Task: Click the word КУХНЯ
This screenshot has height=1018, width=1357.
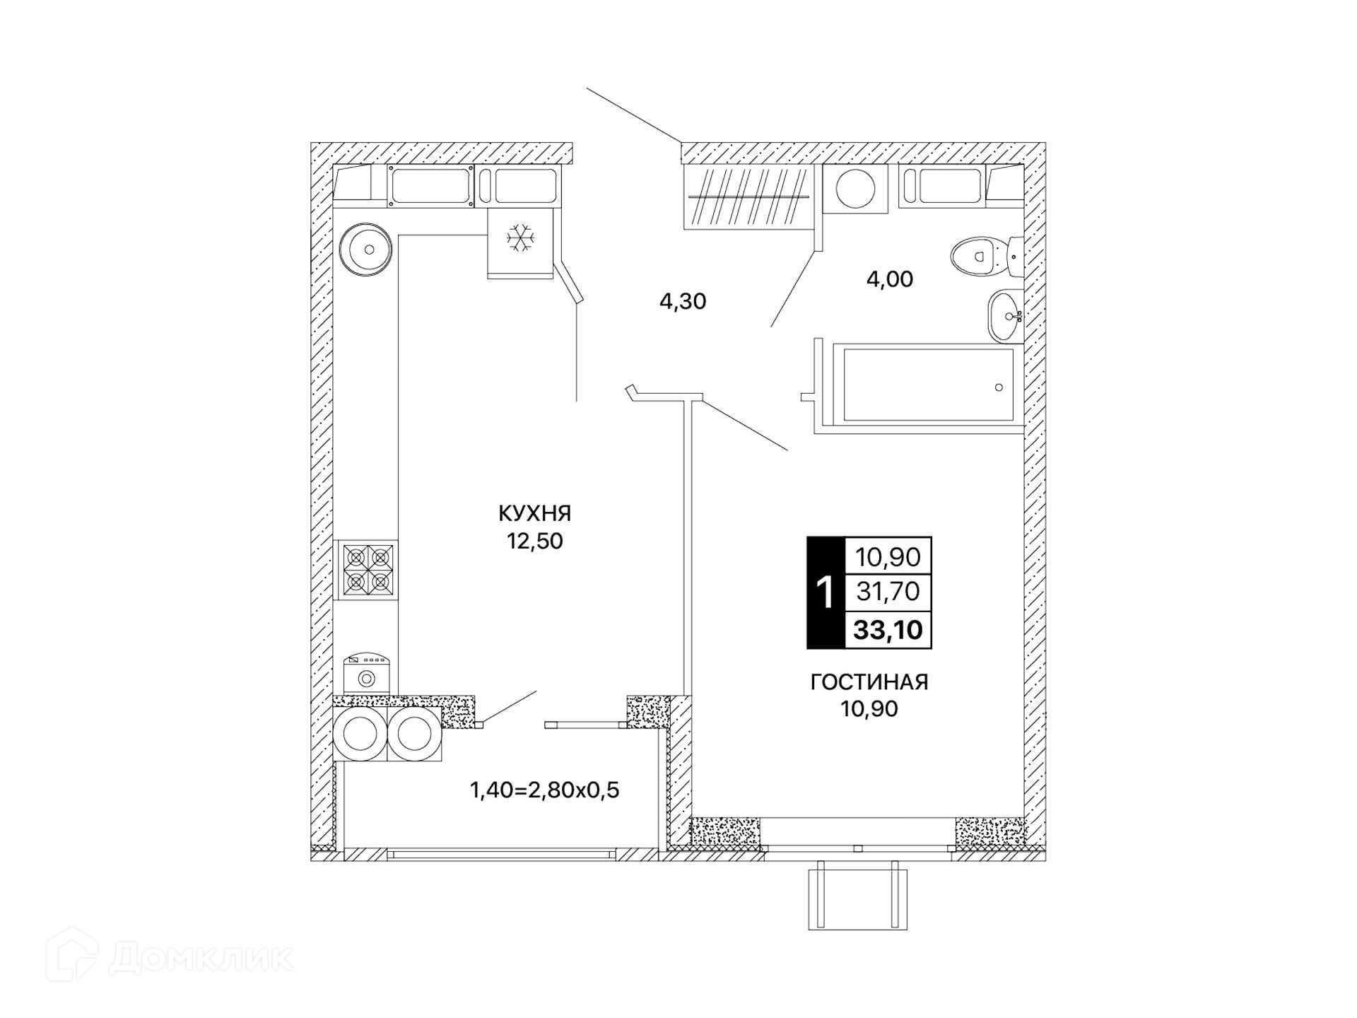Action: (x=534, y=513)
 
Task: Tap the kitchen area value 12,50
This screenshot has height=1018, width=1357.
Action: (x=534, y=542)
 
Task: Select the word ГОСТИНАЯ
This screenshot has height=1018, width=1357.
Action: (x=869, y=681)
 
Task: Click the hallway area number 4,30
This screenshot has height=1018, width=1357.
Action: (x=683, y=301)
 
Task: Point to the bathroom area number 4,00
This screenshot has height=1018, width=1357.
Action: (x=890, y=279)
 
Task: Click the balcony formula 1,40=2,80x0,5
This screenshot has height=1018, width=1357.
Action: (x=544, y=790)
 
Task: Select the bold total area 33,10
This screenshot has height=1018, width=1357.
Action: (x=888, y=629)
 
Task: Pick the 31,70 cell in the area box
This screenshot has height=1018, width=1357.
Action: (x=888, y=591)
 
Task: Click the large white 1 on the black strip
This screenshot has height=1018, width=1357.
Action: (x=825, y=592)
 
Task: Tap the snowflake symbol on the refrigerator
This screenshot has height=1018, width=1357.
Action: (x=521, y=238)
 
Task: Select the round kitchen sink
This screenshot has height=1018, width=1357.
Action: (x=365, y=249)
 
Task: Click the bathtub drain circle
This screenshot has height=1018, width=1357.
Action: (x=999, y=387)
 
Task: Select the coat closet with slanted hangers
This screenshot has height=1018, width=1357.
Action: (x=748, y=197)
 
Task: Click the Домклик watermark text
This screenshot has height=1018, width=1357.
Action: (x=201, y=959)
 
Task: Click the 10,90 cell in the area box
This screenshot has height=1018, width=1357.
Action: (x=888, y=557)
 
